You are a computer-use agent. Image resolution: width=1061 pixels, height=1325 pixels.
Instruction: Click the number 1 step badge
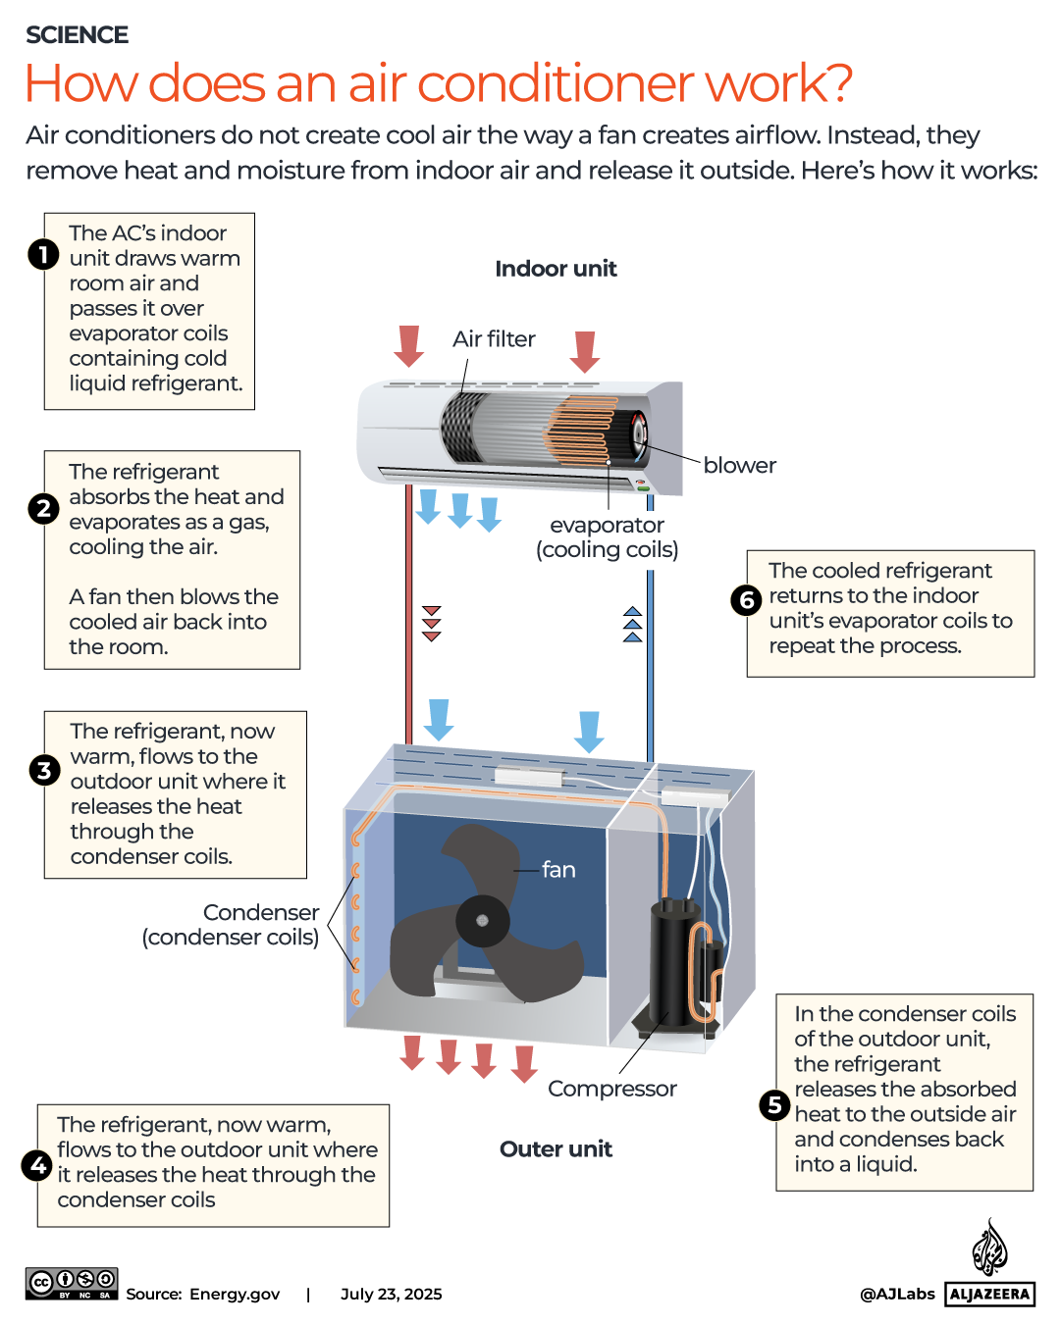[43, 255]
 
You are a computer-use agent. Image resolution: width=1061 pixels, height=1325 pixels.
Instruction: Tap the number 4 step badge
[37, 1165]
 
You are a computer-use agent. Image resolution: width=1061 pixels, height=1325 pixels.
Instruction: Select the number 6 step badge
[746, 600]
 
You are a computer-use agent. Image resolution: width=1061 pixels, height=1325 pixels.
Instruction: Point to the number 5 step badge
[774, 1105]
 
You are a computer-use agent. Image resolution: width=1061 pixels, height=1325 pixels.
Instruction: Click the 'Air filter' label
[494, 339]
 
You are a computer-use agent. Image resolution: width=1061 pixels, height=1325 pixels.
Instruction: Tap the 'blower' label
[739, 466]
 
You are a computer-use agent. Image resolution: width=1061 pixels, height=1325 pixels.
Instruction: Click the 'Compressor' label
[611, 1089]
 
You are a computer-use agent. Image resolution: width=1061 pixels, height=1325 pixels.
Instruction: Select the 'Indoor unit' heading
[556, 269]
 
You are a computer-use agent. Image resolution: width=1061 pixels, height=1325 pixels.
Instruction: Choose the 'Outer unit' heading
[556, 1149]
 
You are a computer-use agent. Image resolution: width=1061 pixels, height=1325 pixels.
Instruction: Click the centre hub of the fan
[482, 920]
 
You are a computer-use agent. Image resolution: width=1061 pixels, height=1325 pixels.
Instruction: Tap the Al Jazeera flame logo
[989, 1249]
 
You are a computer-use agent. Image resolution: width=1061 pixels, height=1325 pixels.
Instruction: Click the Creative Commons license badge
[72, 1283]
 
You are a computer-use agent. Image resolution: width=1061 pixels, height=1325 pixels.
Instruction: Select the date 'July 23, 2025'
[391, 1295]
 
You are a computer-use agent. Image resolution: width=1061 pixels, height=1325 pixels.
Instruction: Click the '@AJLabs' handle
[897, 1295]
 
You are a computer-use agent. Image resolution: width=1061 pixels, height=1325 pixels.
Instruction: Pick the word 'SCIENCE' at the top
[77, 35]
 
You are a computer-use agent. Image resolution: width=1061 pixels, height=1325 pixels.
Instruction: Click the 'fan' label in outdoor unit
[558, 870]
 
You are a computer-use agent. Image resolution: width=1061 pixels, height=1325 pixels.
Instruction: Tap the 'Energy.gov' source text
[235, 1295]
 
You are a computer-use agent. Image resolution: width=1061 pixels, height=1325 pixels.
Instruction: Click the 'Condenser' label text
[260, 913]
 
